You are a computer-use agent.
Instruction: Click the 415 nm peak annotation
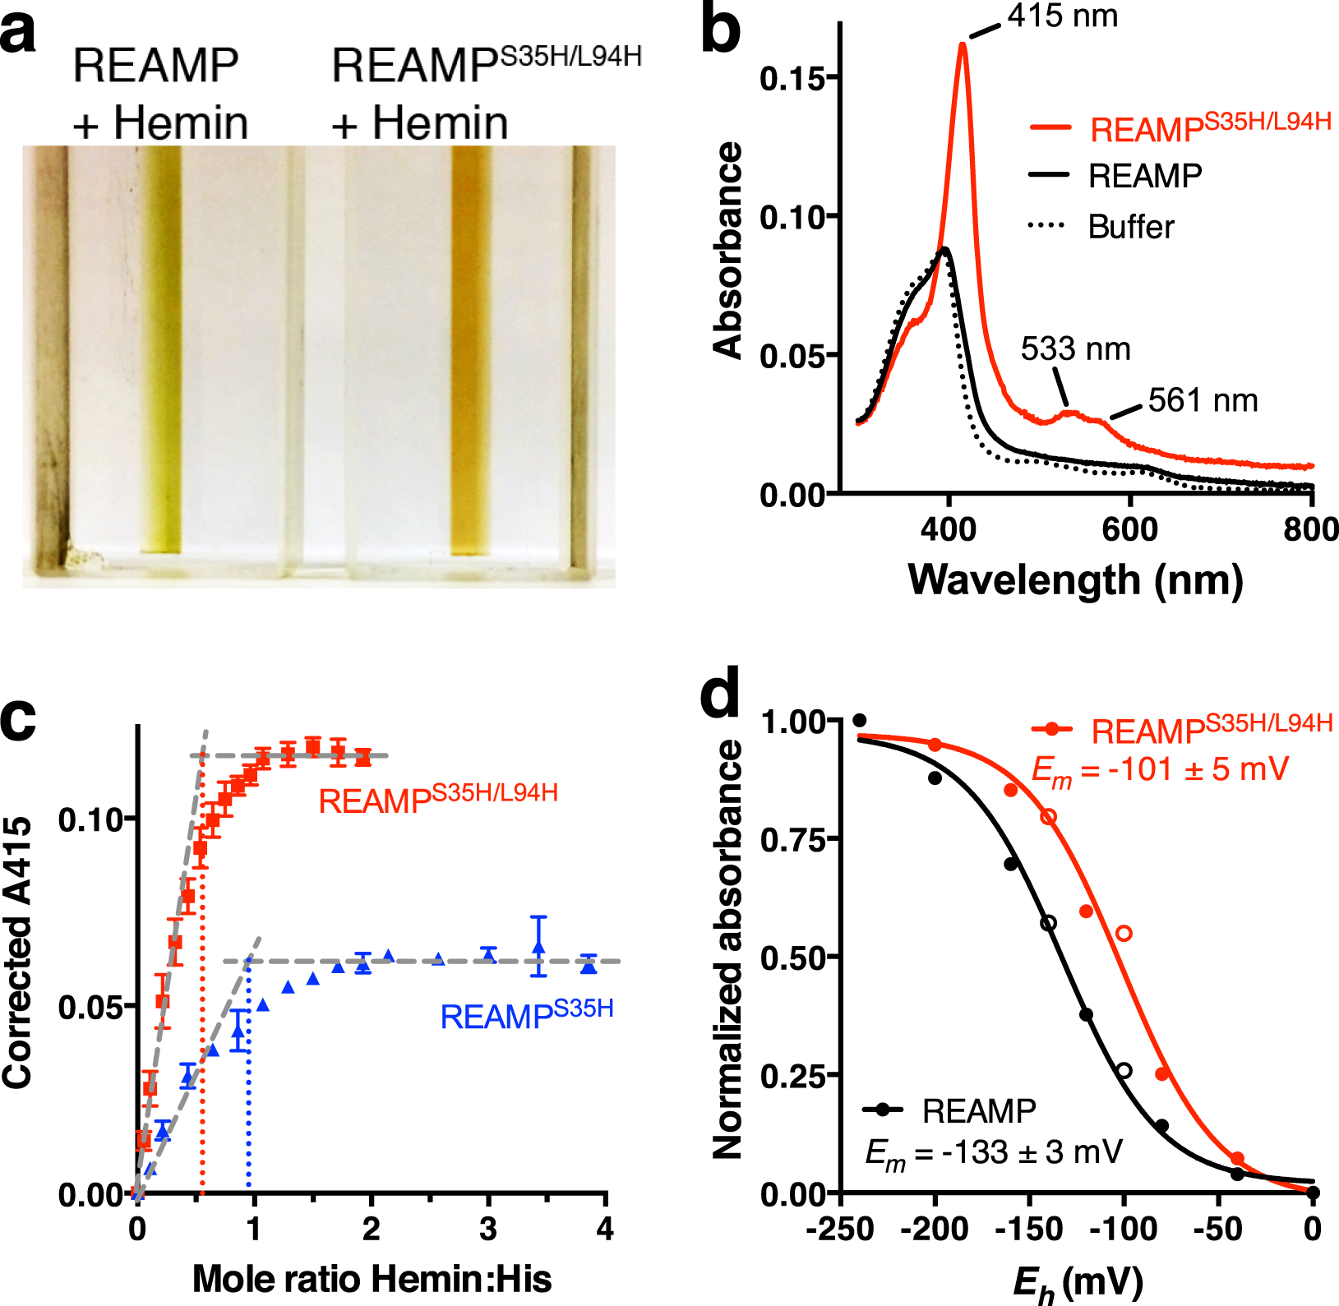pos(1062,16)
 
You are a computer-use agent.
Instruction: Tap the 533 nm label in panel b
pos(1075,349)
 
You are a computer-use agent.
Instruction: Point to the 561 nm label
pos(1203,400)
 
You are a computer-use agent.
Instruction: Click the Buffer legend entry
pos(1130,227)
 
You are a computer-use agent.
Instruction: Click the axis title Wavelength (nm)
pos(1075,580)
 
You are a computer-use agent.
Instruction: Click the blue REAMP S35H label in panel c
pos(526,1016)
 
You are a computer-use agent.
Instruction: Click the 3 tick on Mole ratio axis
pos(488,1230)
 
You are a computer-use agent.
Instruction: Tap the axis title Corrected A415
pos(18,953)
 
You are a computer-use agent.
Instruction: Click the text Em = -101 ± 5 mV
pos(1159,770)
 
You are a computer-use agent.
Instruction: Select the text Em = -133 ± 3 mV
pos(993,1152)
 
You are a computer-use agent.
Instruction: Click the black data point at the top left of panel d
pos(860,721)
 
